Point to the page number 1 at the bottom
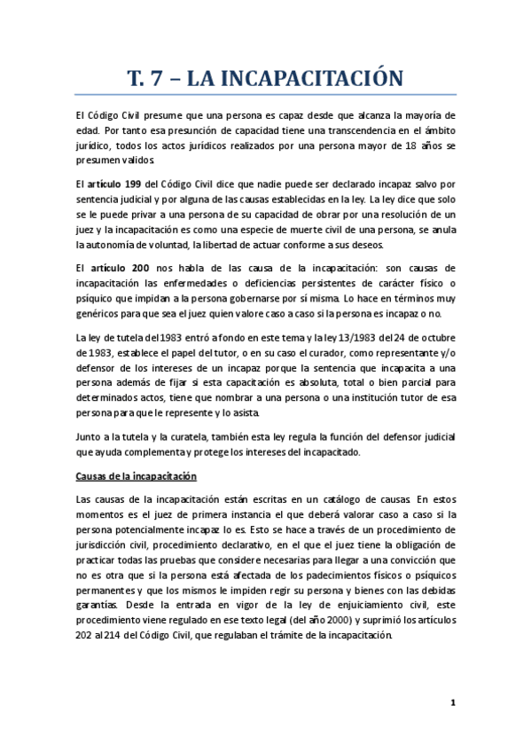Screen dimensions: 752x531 (x=452, y=703)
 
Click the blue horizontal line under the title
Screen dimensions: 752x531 (x=266, y=95)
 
